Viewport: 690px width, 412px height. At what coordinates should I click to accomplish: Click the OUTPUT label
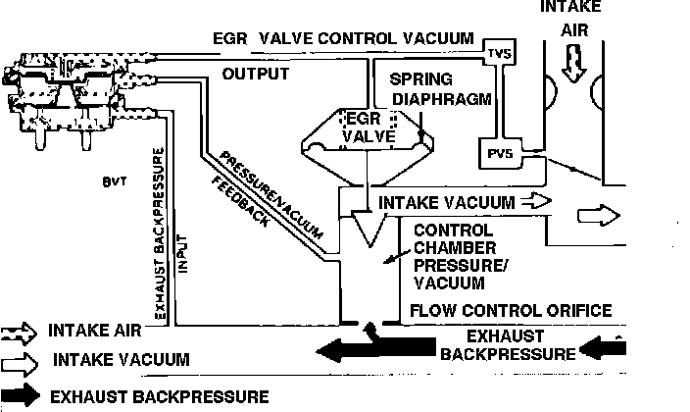tap(256, 75)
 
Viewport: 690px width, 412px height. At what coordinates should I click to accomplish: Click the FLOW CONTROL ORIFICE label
tap(511, 311)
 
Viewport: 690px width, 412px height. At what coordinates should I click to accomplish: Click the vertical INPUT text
tap(180, 265)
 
